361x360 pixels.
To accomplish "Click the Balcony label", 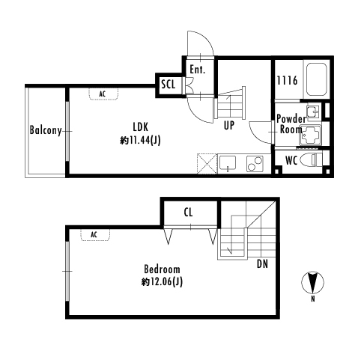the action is tap(46, 130).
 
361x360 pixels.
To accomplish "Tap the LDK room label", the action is tap(140, 127).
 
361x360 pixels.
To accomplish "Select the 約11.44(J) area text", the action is tap(140, 141).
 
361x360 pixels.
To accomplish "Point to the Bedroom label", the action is tap(162, 269).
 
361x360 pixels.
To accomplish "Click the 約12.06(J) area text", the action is tap(162, 282).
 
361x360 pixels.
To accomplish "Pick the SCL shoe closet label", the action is tap(168, 85).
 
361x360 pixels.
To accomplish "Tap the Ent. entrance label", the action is tap(197, 70).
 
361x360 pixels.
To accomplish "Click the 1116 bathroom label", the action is tap(287, 81).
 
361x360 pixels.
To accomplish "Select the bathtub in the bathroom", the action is tap(317, 79).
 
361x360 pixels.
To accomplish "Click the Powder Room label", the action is tap(291, 124).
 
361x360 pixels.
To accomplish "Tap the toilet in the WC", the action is tap(311, 159).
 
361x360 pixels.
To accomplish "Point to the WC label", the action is tap(291, 161).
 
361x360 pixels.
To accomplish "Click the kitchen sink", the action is tap(228, 163).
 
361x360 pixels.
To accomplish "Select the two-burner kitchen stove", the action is tap(255, 164).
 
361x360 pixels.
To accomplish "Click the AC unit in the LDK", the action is tap(103, 94).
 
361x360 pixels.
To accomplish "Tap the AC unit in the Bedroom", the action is tap(95, 235).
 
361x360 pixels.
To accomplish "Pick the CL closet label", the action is tap(188, 213).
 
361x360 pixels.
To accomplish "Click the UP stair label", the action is tap(229, 126).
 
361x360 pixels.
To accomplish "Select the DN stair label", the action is tap(262, 263).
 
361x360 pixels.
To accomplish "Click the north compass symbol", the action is tap(312, 283).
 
